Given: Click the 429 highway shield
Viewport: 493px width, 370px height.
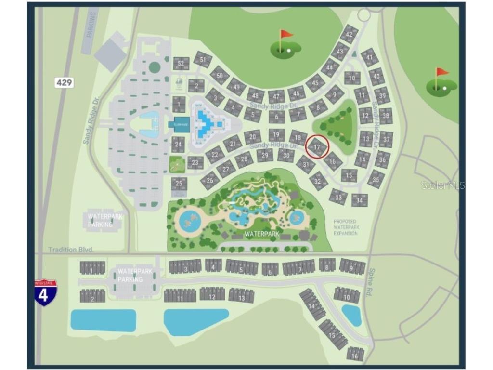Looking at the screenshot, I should pyautogui.click(x=64, y=82).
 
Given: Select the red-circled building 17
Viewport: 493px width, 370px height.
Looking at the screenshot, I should pyautogui.click(x=317, y=147).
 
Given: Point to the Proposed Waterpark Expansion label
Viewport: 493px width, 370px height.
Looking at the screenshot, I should pyautogui.click(x=346, y=227).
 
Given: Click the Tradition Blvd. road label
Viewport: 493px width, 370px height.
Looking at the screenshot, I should pyautogui.click(x=71, y=250).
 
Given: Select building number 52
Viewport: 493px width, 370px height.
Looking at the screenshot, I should pyautogui.click(x=181, y=63).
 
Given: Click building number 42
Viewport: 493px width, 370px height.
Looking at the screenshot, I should pyautogui.click(x=350, y=34).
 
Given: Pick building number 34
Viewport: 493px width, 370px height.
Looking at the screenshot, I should pyautogui.click(x=360, y=200).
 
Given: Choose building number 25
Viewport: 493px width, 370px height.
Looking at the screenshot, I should pyautogui.click(x=179, y=184).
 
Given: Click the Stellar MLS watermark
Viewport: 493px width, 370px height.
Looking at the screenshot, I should pyautogui.click(x=442, y=185).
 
